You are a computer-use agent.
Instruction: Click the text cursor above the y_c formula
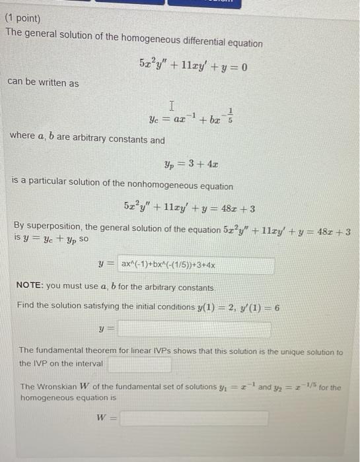pos(172,105)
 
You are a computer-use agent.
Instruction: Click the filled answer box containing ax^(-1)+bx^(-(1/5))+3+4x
pos(196,265)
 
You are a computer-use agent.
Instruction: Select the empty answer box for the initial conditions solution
pos(196,329)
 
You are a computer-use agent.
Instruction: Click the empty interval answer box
pos(140,364)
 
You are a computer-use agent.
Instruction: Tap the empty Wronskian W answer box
pos(194,418)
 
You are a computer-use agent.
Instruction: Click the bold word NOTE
pos(30,288)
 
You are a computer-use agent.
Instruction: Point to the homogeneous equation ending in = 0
pos(193,66)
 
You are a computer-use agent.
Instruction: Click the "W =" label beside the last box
pos(104,418)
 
